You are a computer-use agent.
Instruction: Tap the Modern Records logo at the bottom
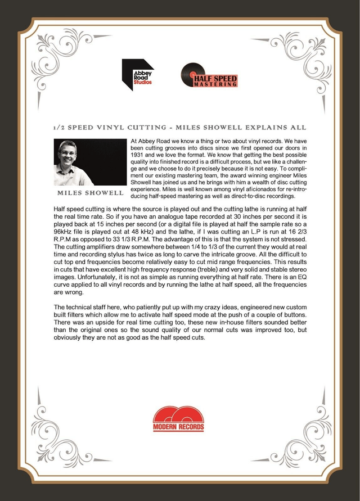click(179, 419)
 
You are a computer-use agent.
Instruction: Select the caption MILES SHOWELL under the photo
click(90, 193)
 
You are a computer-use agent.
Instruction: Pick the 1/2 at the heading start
click(57, 128)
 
